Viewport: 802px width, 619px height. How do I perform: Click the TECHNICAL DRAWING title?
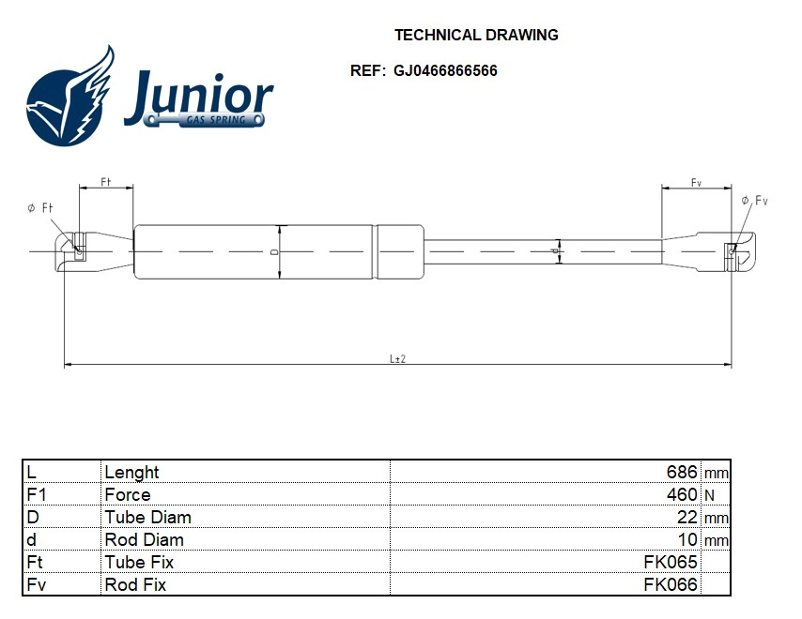(476, 36)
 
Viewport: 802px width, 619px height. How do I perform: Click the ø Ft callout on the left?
(39, 207)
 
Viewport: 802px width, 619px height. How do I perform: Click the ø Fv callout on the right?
(754, 201)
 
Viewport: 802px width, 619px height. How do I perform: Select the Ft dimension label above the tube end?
(105, 182)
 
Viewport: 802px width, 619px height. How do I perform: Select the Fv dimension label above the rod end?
(696, 182)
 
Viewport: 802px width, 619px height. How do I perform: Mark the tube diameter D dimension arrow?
(279, 252)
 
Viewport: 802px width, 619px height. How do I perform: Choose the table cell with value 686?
(681, 472)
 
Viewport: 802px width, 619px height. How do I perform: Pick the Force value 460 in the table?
(681, 494)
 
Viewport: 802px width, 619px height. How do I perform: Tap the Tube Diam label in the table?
(147, 517)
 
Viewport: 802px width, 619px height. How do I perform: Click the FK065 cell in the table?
(670, 562)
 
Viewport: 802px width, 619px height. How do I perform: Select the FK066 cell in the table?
(670, 584)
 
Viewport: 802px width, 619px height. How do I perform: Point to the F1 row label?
(37, 494)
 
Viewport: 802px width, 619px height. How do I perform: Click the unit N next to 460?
(708, 494)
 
